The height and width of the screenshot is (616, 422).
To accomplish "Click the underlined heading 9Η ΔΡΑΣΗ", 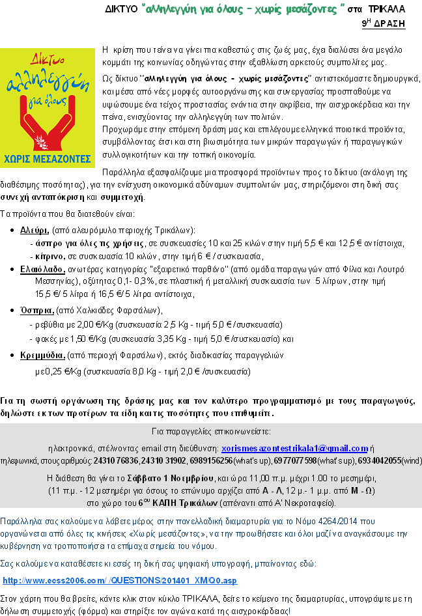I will tap(384, 23).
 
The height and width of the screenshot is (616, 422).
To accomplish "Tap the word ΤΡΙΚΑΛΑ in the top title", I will tap(386, 9).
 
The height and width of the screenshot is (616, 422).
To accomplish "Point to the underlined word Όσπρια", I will tap(38, 310).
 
